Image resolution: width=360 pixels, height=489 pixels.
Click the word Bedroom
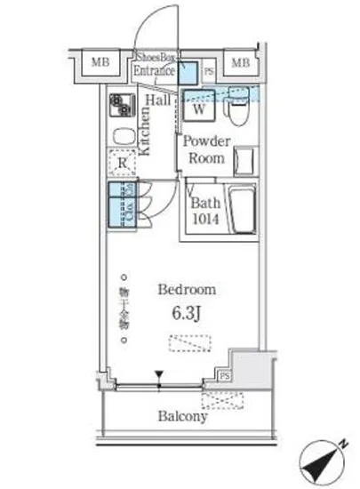point(187,290)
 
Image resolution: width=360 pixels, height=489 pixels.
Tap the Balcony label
point(183,415)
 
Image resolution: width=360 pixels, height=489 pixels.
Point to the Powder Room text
point(207,149)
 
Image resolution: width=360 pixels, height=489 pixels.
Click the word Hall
point(159,101)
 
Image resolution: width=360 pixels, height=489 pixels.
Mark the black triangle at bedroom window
point(159,375)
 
